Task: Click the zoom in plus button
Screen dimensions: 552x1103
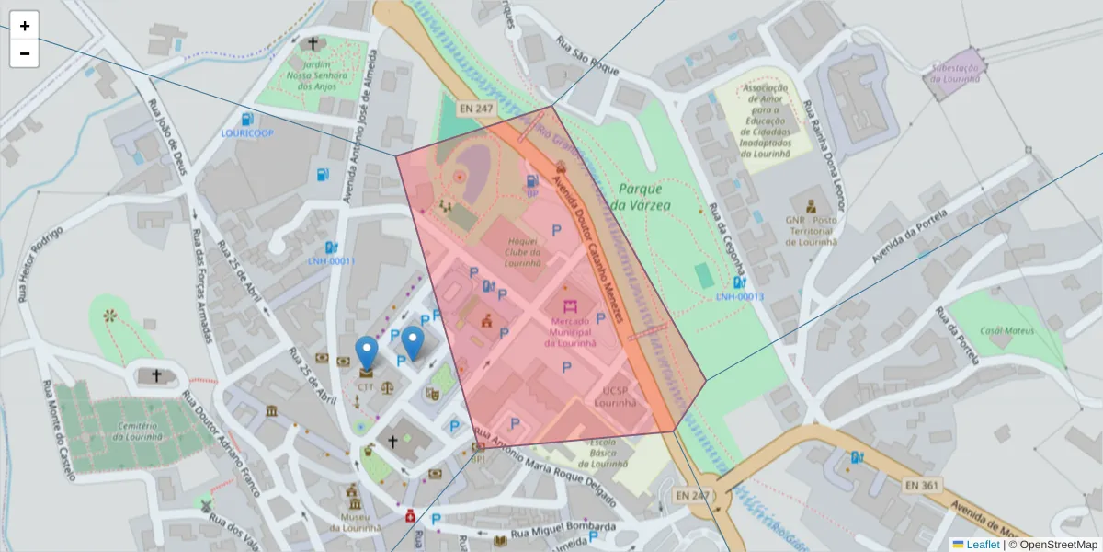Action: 25,26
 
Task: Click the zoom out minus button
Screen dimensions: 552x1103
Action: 25,53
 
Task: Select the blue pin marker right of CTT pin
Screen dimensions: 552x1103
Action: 414,342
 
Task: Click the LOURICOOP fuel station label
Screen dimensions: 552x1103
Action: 247,133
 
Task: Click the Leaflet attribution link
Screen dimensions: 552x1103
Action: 983,545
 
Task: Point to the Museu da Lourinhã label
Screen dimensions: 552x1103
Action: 354,523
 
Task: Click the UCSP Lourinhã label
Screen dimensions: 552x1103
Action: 615,397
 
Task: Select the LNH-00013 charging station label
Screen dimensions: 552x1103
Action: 740,296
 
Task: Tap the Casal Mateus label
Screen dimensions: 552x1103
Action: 1006,330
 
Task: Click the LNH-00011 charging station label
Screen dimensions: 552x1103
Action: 331,261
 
